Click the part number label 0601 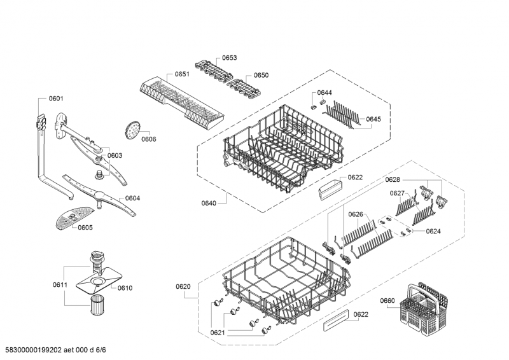click(56, 99)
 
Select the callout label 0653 click(229, 58)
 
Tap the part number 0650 click(261, 75)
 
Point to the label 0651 click(183, 74)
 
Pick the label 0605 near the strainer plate click(85, 228)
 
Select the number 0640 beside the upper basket click(209, 204)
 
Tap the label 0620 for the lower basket click(183, 287)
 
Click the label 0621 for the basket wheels click(218, 333)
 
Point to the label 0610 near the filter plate click(125, 288)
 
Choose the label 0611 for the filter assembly click(60, 284)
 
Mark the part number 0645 click(373, 119)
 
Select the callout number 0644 click(324, 93)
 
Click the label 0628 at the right click(393, 181)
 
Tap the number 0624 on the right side click(433, 231)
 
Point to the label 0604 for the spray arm click(132, 198)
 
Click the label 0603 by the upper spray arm click(115, 155)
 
